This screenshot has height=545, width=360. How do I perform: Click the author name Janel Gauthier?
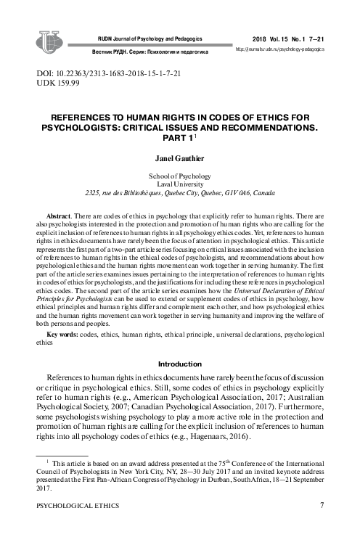pos(179,156)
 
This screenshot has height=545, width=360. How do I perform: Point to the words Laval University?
pos(179,184)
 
